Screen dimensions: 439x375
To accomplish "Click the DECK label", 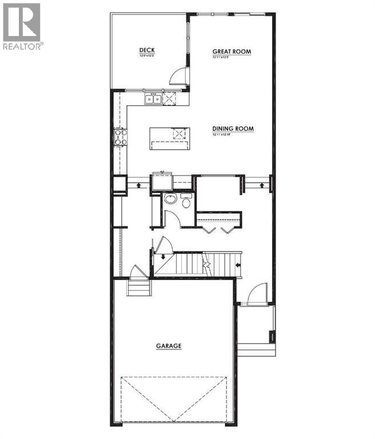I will coord(147,50).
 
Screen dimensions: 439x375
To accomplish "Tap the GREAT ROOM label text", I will coord(232,51).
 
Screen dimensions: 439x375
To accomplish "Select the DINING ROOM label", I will coord(233,129).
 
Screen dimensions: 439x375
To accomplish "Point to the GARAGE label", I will coord(169,346).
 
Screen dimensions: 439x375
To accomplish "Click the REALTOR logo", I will coord(22,26).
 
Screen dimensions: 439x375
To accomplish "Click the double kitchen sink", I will coord(153,99).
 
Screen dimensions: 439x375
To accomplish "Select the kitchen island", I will coord(169,137).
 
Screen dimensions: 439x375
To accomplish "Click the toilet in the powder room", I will coord(185,202).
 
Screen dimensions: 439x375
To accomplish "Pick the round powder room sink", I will coord(170,199).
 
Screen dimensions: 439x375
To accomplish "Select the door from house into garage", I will coord(137,271).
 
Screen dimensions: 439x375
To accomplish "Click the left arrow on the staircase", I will coord(237,265).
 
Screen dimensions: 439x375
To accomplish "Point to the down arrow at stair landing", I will coord(163,257).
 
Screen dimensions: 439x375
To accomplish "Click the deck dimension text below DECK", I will coord(147,57).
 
